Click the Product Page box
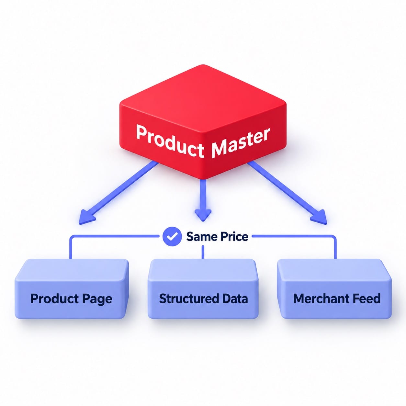72,289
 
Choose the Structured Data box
203,289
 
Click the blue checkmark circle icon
172,236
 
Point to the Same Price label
217,236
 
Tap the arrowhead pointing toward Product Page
86,217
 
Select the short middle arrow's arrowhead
203,215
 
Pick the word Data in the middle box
235,299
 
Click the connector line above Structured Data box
203,252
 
